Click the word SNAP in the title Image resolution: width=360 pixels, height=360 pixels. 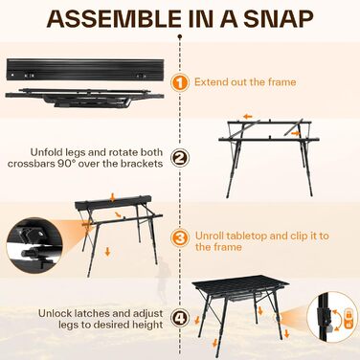point(279,19)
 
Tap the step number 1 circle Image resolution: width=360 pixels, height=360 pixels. point(180,82)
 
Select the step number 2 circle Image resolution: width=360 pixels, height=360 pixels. point(180,158)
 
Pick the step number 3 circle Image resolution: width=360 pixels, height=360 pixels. point(180,237)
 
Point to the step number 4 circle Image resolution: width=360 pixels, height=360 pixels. point(180,319)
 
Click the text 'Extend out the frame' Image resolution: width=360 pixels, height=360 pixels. point(245,82)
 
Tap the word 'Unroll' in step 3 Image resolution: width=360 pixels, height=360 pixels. point(210,236)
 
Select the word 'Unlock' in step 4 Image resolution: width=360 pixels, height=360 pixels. point(56,313)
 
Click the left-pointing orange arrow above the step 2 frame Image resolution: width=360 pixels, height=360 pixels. point(247,117)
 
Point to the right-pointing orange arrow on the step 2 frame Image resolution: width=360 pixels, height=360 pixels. point(296,132)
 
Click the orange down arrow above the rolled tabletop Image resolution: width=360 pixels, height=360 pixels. point(112,197)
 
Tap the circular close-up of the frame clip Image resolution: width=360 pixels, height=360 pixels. point(34,245)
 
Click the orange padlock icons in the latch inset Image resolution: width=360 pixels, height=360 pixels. point(349,320)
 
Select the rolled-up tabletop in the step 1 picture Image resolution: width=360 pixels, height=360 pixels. point(85,69)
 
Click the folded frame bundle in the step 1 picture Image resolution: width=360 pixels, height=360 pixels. point(84,98)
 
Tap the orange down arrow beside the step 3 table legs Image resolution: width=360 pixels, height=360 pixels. point(107,252)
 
